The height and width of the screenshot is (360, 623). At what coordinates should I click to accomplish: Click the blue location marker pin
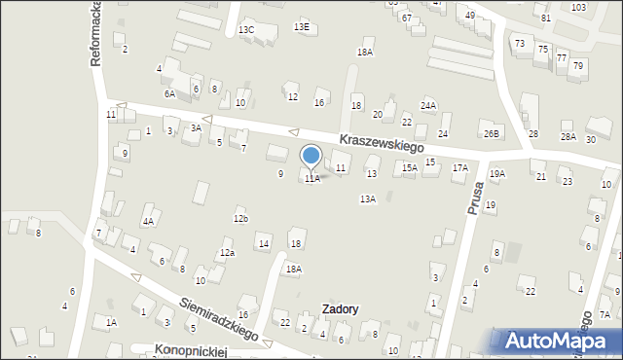311,157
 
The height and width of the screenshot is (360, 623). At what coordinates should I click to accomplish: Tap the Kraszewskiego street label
383,142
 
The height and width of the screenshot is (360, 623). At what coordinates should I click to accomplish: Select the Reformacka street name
96,34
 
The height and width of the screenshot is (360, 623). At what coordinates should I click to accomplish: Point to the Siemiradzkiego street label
219,318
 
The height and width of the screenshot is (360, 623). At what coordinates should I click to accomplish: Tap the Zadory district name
339,309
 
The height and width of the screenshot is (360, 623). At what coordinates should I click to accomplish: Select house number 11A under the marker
311,179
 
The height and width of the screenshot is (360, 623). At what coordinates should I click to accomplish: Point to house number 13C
246,30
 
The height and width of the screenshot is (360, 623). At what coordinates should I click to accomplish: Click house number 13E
302,27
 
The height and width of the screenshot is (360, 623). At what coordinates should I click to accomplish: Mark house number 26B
491,133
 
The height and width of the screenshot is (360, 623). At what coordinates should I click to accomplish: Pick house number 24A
428,105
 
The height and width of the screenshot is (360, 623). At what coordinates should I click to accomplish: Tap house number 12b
240,219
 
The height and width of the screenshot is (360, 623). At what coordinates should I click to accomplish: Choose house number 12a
227,253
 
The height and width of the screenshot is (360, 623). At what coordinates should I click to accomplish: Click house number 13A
367,198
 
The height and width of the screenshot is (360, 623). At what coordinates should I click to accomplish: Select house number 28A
568,137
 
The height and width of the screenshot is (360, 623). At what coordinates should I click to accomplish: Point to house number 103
578,7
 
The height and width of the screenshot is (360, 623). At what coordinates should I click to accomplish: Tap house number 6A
169,93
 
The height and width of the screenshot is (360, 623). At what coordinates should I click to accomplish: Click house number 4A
148,221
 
